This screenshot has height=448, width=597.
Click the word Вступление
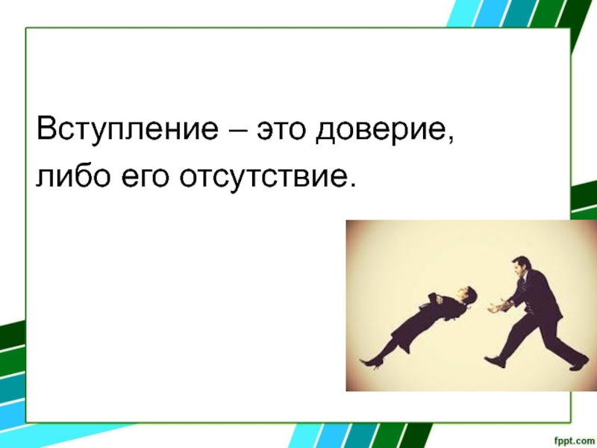pos(128,128)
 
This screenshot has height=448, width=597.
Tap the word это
pos(281,130)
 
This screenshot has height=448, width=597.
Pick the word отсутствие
pos(263,177)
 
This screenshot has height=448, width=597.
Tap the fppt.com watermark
pos(573,440)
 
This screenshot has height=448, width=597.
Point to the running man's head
pos(520,267)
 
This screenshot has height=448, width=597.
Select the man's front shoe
pos(495,361)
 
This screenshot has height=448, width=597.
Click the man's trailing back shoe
pos(580,364)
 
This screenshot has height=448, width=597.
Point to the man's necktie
pos(525,283)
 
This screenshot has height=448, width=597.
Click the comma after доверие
pos(451,141)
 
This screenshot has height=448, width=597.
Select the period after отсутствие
pos(352,185)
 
